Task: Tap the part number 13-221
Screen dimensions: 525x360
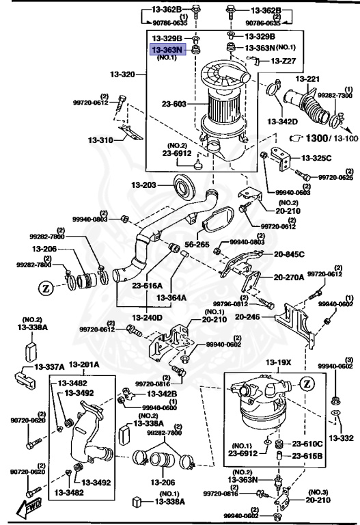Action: tap(307, 79)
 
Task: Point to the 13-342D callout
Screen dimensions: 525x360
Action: tap(283, 122)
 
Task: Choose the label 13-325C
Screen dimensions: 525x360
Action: tap(317, 158)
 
